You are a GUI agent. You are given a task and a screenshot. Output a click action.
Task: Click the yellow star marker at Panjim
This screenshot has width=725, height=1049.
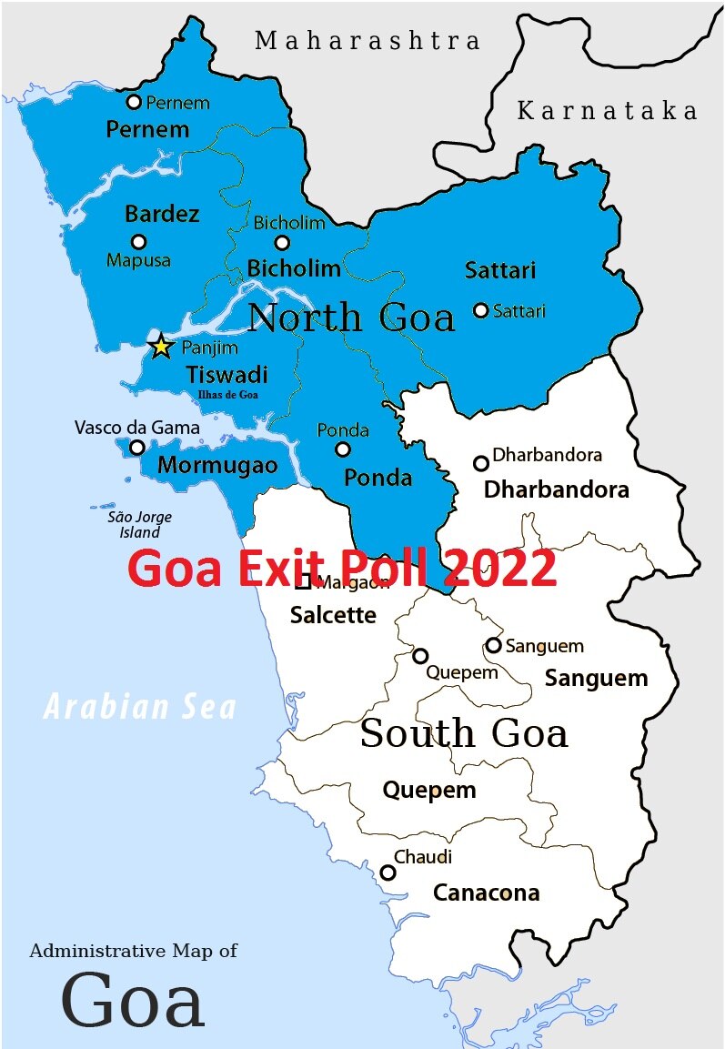point(161,347)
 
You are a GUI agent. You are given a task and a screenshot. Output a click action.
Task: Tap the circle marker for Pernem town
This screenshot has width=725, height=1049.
point(134,102)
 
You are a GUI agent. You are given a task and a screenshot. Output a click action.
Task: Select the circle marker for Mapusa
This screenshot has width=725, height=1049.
point(138,241)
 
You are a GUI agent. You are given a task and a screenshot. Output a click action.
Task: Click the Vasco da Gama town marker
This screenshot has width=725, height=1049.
point(136,447)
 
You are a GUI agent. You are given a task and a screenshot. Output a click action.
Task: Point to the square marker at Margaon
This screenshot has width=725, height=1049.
point(303,582)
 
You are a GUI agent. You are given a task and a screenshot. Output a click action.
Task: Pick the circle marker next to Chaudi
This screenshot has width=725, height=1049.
point(388,872)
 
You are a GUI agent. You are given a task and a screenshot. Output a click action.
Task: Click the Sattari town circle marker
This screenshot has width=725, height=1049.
point(480,310)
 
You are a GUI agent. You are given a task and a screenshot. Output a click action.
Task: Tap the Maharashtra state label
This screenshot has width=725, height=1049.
point(367,41)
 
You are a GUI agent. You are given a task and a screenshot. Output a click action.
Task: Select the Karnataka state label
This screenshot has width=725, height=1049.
point(607,111)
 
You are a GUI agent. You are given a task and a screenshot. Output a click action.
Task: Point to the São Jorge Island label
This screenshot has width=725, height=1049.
point(139,525)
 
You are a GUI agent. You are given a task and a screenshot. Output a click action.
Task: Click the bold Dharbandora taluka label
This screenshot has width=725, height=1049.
point(556,489)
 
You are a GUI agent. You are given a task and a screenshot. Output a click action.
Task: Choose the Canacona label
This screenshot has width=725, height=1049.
point(486,893)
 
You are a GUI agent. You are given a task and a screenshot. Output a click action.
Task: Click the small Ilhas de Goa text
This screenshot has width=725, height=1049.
point(227,395)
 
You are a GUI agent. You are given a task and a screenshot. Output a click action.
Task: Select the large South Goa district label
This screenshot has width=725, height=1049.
point(464,733)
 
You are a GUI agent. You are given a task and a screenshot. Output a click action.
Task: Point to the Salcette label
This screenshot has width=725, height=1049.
point(333,615)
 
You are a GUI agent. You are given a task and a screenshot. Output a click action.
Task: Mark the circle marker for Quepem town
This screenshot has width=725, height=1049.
point(420,655)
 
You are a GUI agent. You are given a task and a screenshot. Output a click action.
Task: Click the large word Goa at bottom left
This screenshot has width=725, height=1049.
point(133,1000)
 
